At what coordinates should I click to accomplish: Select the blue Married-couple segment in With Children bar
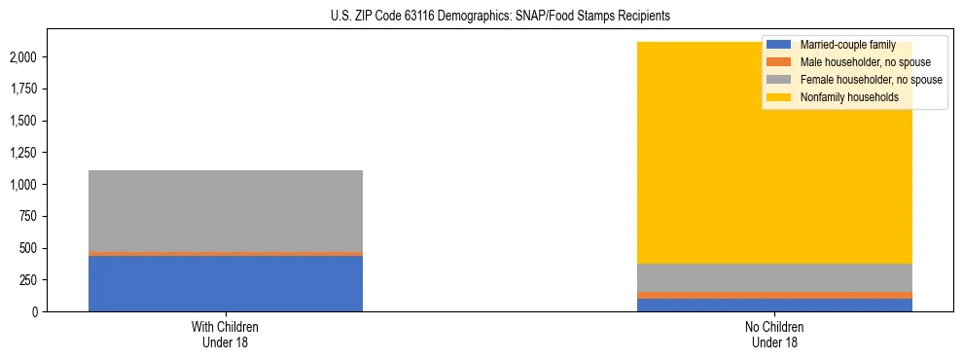(x=226, y=283)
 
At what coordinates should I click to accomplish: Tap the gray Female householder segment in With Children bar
(x=226, y=210)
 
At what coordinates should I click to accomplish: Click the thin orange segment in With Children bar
(x=226, y=253)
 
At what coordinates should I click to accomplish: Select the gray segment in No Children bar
(x=775, y=277)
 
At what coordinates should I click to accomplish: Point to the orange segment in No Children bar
(x=775, y=295)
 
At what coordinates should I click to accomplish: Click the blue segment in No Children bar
(x=775, y=305)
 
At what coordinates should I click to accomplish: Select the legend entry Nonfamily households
(x=843, y=97)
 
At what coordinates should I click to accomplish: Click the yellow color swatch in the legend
(x=779, y=97)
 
